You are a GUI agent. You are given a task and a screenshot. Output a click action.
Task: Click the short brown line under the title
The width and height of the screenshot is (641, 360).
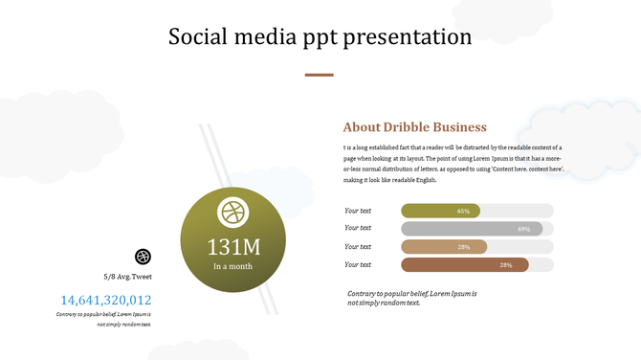[x=319, y=75]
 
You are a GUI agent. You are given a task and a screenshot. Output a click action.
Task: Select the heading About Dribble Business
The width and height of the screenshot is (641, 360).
[x=414, y=127]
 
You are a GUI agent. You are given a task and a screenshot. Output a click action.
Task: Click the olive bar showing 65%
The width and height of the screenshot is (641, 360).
[x=440, y=211]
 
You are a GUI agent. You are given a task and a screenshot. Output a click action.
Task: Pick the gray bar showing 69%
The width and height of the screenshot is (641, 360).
[x=472, y=229]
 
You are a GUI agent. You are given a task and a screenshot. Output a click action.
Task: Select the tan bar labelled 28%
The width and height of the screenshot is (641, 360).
[x=444, y=247]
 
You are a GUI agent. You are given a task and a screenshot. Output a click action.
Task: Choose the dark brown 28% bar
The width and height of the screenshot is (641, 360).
[x=465, y=265]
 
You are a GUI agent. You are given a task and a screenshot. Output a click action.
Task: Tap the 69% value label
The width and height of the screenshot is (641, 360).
[x=523, y=229]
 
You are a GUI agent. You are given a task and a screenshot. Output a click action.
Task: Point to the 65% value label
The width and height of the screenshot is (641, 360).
[x=463, y=211]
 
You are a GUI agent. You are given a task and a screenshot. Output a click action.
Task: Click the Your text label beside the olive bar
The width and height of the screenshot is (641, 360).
[x=358, y=211]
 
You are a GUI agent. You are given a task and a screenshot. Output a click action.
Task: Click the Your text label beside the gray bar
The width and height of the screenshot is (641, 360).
[x=358, y=229]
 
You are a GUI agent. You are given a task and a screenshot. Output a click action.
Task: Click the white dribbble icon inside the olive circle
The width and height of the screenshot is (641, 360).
[x=232, y=213]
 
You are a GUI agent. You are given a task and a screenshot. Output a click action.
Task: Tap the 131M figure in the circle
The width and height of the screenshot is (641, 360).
[x=233, y=246]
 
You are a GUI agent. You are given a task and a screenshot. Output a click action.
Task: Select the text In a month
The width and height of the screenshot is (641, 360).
[x=233, y=266]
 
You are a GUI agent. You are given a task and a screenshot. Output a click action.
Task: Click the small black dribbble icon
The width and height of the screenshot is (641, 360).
[x=143, y=256]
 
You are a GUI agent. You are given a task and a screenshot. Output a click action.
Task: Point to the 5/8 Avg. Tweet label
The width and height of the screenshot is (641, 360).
[x=127, y=276]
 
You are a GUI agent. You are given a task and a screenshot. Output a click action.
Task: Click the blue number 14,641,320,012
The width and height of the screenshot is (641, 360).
[x=105, y=300]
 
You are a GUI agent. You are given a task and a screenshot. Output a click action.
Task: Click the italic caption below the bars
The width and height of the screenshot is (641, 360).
[x=411, y=298]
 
